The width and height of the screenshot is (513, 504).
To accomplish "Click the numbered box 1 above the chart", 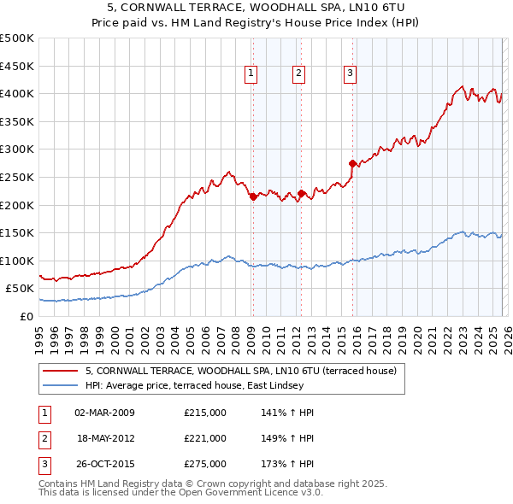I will click(251, 74).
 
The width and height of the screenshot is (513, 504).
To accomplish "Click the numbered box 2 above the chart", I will click(299, 74).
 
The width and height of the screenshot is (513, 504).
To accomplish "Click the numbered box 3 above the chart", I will click(351, 74).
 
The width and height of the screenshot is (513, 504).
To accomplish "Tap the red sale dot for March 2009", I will click(253, 196).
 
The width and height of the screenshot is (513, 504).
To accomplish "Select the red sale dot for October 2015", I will click(352, 162).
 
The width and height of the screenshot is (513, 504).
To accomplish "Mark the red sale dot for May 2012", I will click(301, 193).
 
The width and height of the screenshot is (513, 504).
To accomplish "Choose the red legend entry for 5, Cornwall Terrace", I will click(240, 372).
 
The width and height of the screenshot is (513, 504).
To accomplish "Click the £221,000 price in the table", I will click(205, 438).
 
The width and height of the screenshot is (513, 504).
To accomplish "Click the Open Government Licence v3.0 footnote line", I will click(181, 493).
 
